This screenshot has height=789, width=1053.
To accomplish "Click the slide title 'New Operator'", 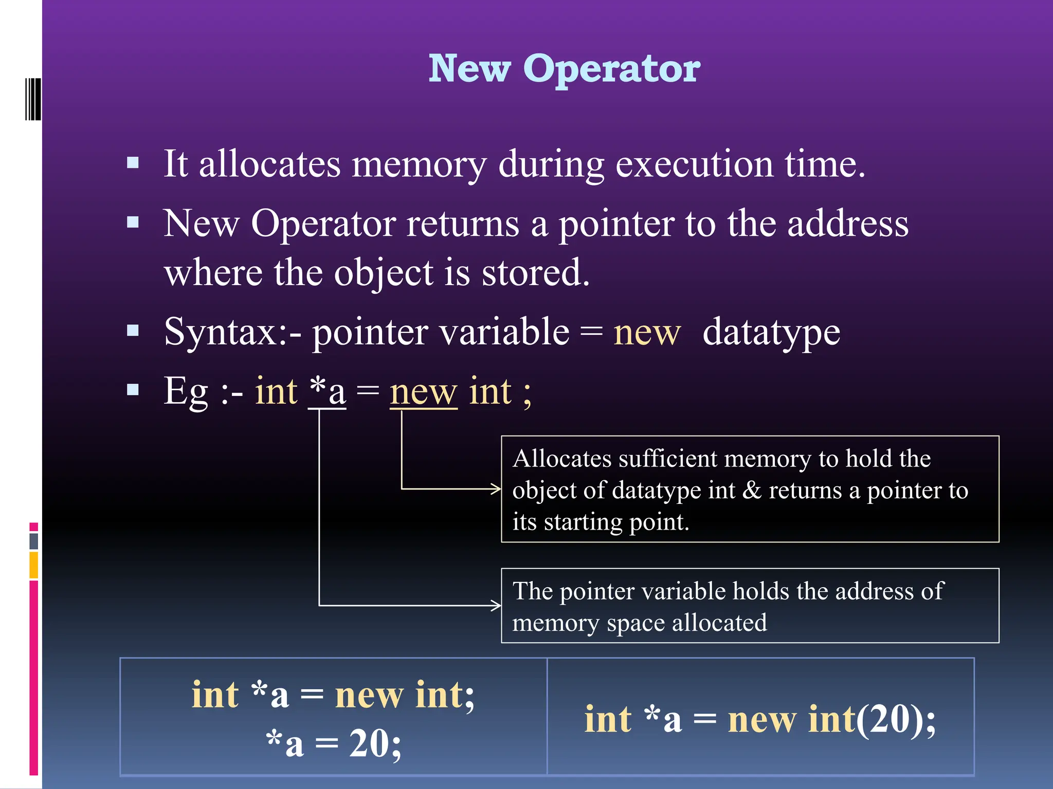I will pos(564,69).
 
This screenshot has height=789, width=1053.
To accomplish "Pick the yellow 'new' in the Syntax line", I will pos(647,332).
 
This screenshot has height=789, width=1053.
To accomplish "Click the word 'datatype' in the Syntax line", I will pos(771,332).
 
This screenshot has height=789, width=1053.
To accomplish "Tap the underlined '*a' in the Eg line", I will pos(327,391).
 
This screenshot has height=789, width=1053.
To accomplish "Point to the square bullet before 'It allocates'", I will pos(133,163).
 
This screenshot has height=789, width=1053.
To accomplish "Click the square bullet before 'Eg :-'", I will pos(133,390).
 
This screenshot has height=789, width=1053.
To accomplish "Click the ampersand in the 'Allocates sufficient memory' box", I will pos(752,490).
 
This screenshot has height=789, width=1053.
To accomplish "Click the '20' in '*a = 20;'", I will pos(368,743).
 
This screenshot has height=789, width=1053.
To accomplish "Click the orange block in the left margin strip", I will pos(34,565).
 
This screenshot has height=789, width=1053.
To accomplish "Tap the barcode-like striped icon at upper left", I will pos(33,99).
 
